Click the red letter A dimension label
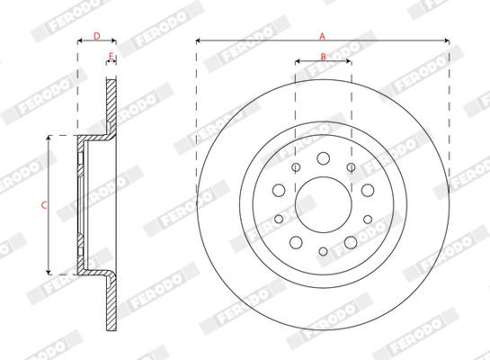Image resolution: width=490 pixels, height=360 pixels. pyautogui.click(x=322, y=36)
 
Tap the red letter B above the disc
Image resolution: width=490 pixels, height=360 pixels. pyautogui.click(x=324, y=57)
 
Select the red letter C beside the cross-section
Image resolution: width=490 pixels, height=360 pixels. pyautogui.click(x=44, y=205)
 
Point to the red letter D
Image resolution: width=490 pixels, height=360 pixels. pyautogui.click(x=97, y=36)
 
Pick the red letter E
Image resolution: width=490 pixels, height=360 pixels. pyautogui.click(x=111, y=57)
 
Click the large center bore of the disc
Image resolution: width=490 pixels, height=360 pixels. pyautogui.click(x=324, y=205)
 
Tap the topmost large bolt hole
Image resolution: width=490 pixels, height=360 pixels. pyautogui.click(x=323, y=158)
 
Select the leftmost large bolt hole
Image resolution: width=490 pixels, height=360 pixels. pyautogui.click(x=279, y=190)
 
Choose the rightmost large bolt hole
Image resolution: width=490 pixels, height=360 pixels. pyautogui.click(x=368, y=190)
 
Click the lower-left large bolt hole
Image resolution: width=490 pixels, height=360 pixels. pyautogui.click(x=296, y=242)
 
